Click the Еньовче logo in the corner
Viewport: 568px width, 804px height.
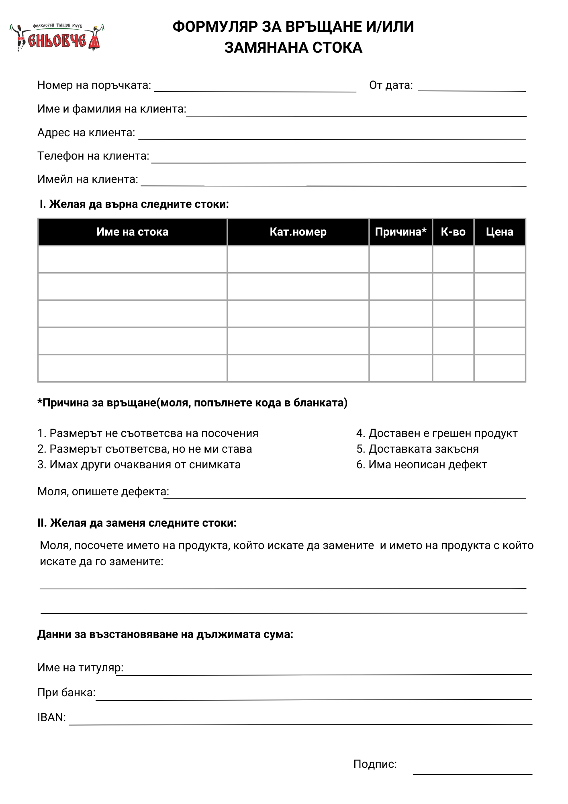(57, 37)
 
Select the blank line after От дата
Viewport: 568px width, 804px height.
(472, 89)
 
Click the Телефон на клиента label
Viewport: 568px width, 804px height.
(93, 156)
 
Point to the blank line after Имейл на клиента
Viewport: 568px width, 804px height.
(333, 183)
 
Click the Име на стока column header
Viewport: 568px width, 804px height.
(132, 232)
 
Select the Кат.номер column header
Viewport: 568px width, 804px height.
(298, 232)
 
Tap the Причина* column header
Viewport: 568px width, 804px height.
(400, 232)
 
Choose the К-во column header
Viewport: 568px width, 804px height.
(453, 232)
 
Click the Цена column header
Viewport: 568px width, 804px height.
(499, 232)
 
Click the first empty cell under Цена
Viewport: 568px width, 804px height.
(499, 259)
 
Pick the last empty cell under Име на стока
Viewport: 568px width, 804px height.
(132, 368)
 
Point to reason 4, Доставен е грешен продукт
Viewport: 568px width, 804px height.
(437, 433)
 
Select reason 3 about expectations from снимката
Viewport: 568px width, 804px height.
(139, 465)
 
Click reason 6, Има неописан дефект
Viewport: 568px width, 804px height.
(421, 465)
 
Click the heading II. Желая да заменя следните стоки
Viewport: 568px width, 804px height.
(137, 523)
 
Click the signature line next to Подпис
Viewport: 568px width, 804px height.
(472, 771)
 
